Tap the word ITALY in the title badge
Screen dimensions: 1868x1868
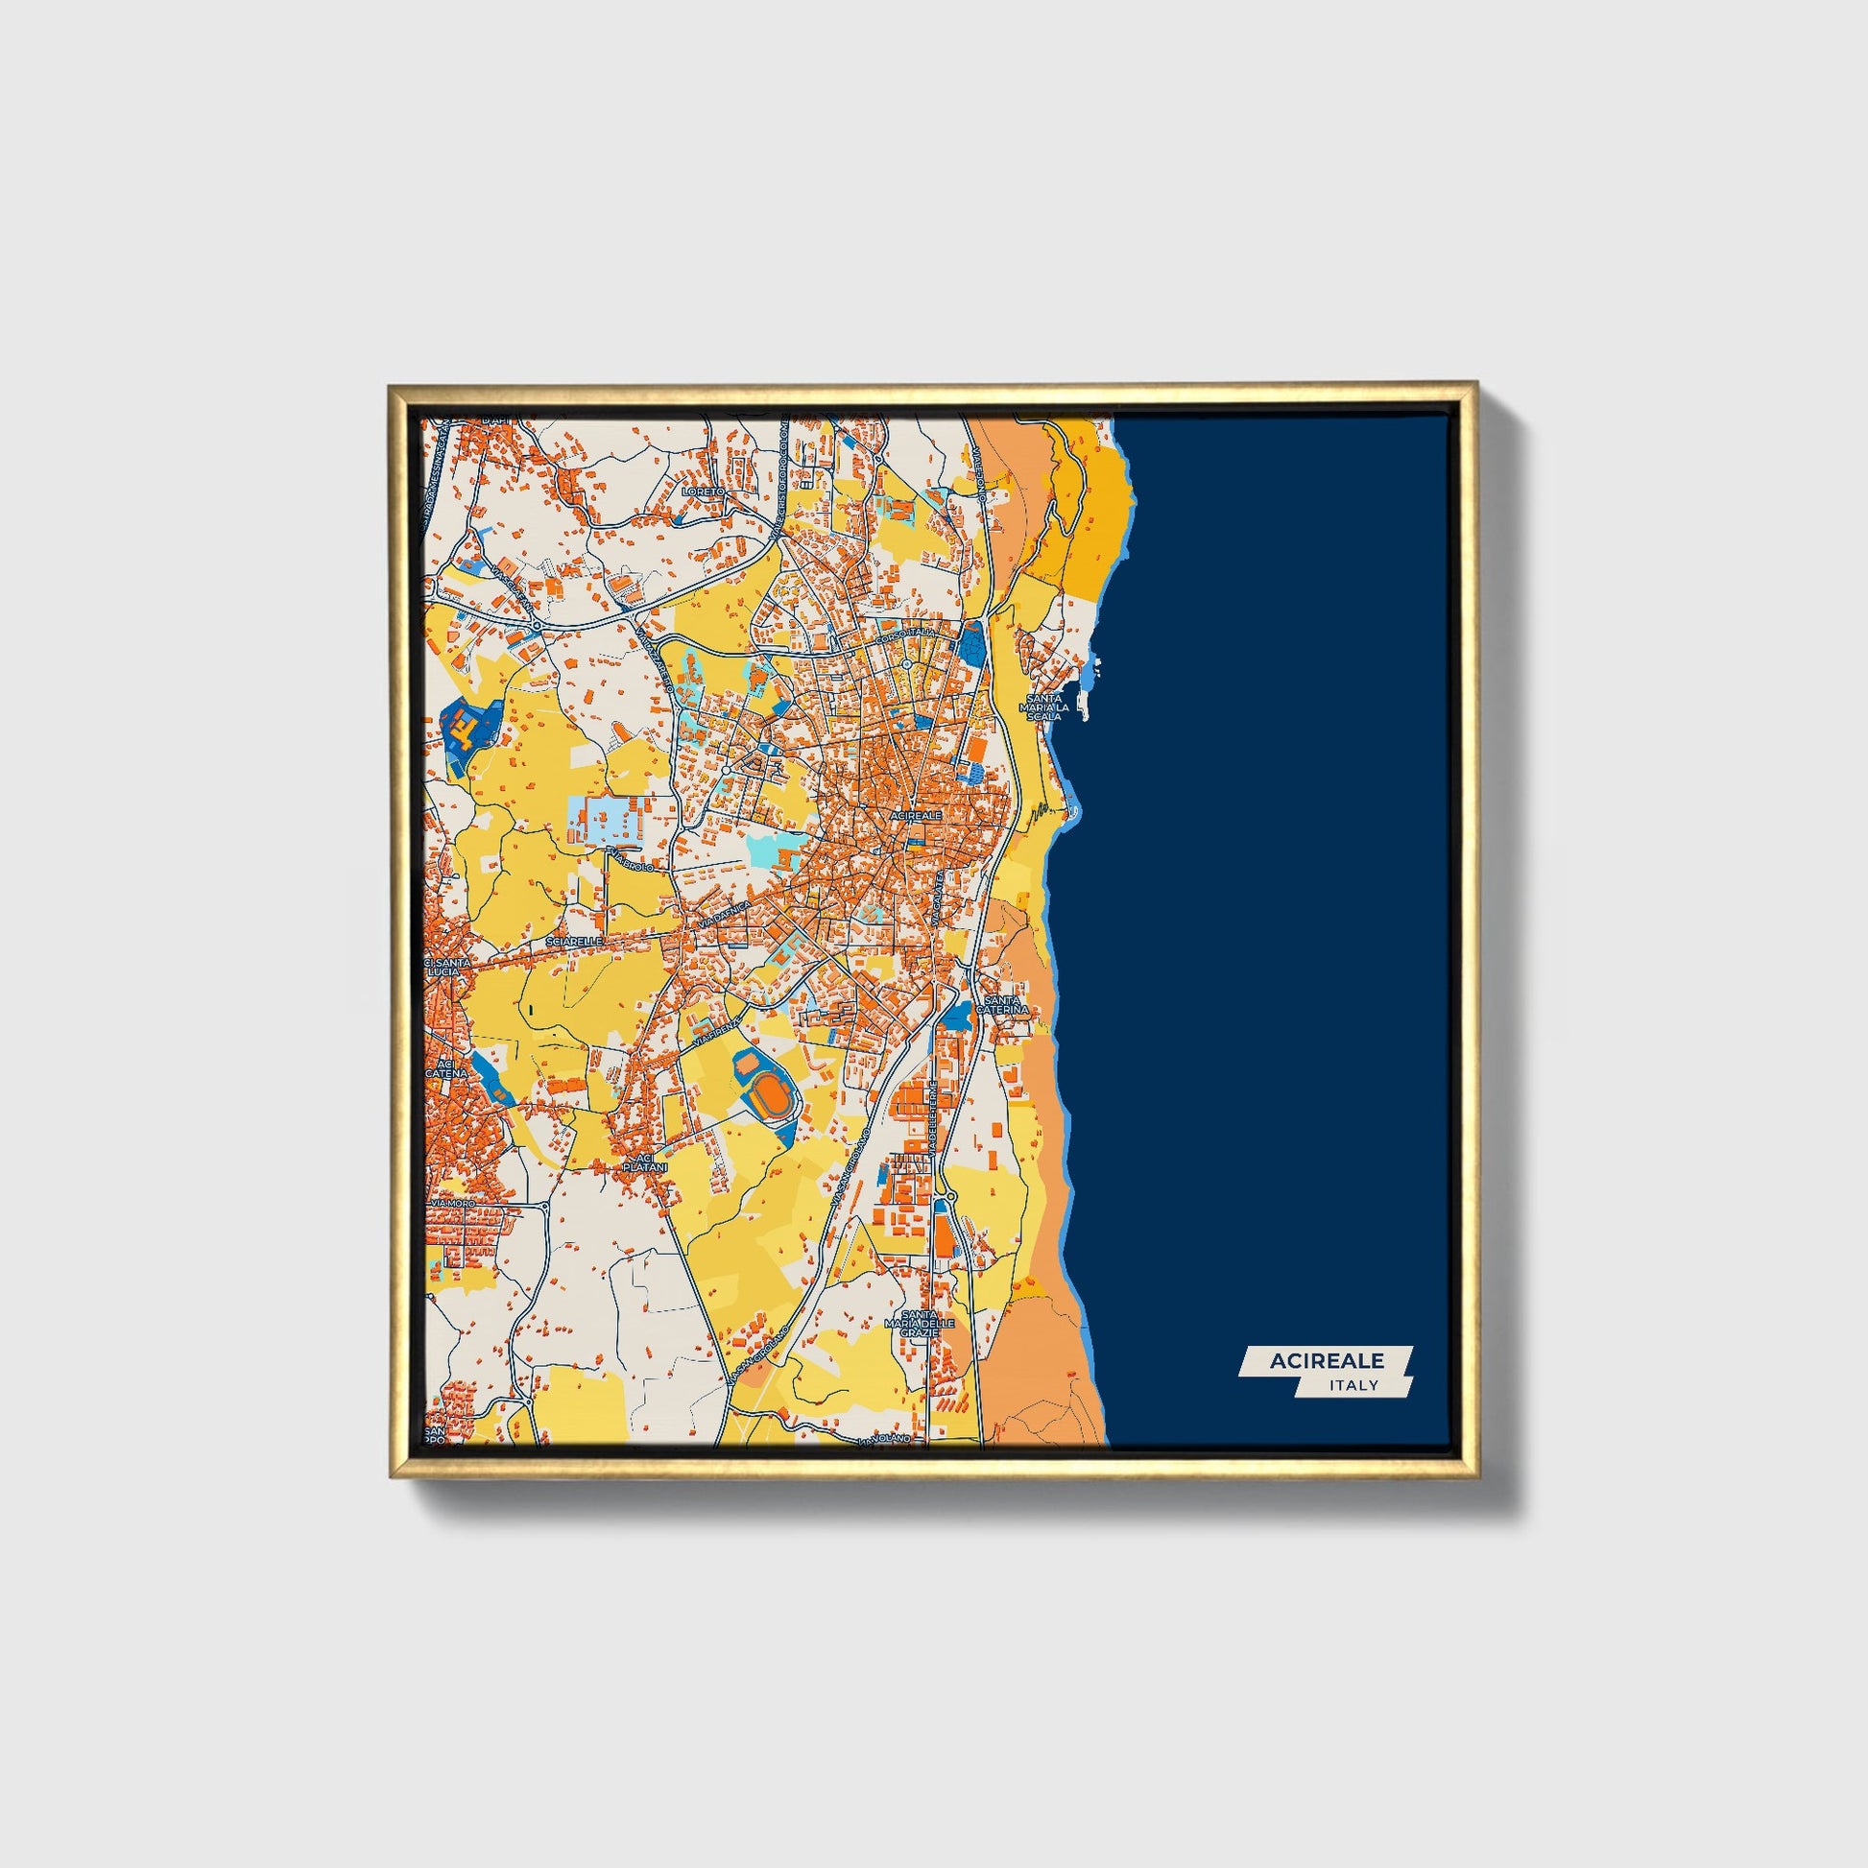(x=1353, y=1385)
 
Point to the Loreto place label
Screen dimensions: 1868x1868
(x=703, y=492)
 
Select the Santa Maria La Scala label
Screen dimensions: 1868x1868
(x=1044, y=706)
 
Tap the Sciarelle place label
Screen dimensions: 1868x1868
(x=574, y=940)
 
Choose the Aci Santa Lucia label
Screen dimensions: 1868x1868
(x=447, y=968)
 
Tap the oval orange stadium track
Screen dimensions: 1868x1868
(x=771, y=1093)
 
